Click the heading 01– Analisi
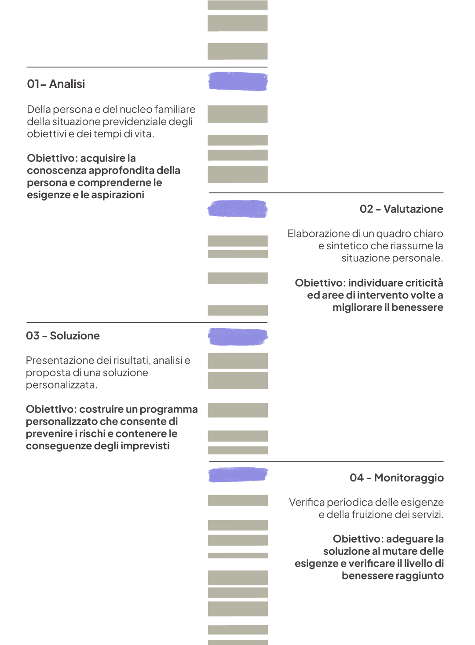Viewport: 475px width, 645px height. pos(56,84)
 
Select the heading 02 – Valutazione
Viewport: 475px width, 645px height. pos(401,209)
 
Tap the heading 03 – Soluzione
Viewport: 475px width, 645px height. pos(63,336)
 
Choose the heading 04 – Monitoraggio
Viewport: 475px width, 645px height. pos(397,477)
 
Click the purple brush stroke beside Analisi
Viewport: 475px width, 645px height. pos(238,81)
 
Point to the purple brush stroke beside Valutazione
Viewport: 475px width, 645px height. pos(237,209)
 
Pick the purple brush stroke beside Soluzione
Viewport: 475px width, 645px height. pos(238,337)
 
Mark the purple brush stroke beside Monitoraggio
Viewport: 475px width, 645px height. pos(238,475)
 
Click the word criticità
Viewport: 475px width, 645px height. pos(424,283)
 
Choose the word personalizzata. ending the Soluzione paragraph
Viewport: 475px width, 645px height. pos(62,385)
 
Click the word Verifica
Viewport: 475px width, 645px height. pos(307,503)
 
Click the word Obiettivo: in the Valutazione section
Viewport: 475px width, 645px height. pos(320,283)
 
